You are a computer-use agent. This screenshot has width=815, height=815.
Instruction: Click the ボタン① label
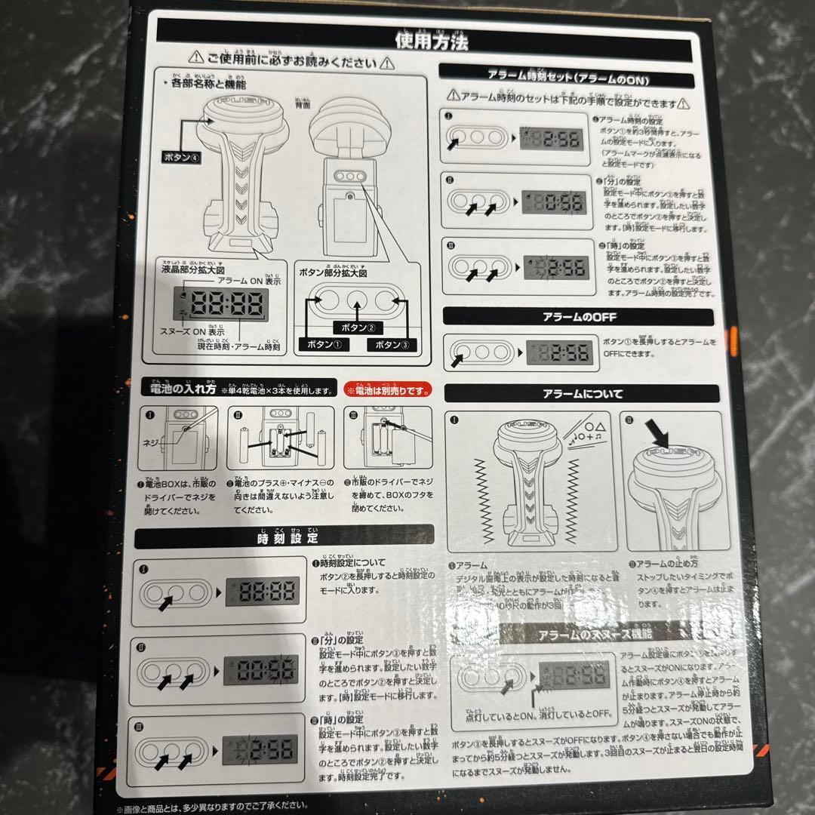pyautogui.click(x=321, y=344)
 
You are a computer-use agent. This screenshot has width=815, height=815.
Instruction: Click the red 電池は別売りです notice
pyautogui.click(x=388, y=390)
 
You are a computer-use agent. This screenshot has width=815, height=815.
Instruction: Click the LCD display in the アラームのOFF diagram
pyautogui.click(x=557, y=353)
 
